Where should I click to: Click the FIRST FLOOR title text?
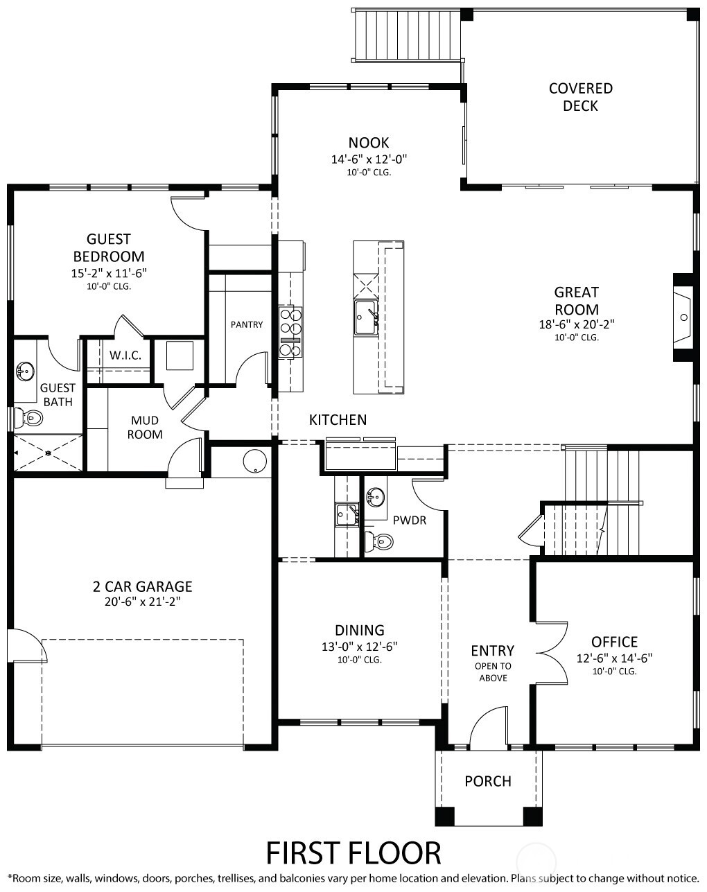click(x=353, y=852)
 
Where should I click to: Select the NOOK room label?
click(x=368, y=143)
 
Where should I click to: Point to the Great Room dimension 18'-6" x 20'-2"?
click(x=577, y=324)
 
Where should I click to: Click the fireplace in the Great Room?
click(x=682, y=317)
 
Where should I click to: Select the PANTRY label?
click(x=247, y=324)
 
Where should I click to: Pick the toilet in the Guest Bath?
click(x=29, y=418)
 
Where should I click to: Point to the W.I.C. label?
click(x=125, y=356)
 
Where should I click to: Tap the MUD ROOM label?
click(x=145, y=428)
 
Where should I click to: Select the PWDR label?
click(x=409, y=520)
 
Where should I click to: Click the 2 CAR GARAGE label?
click(x=142, y=586)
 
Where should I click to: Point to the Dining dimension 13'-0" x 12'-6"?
click(x=359, y=646)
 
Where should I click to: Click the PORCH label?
click(x=488, y=781)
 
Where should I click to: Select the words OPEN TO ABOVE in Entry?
click(x=493, y=672)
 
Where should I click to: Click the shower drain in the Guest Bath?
click(x=49, y=453)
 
